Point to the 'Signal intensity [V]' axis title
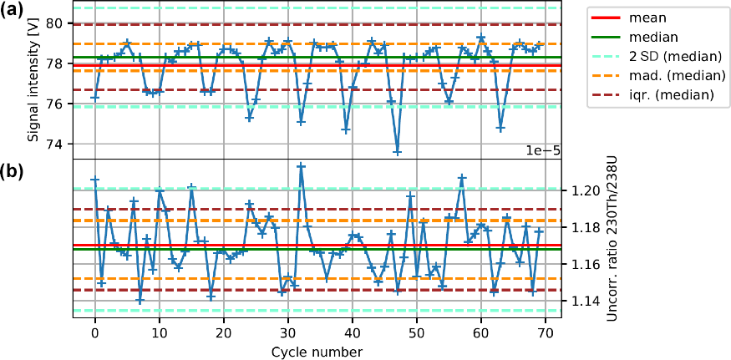(33, 80)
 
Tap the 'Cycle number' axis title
(317, 352)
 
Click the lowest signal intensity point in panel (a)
(398, 152)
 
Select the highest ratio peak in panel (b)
(301, 166)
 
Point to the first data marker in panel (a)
(95, 97)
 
